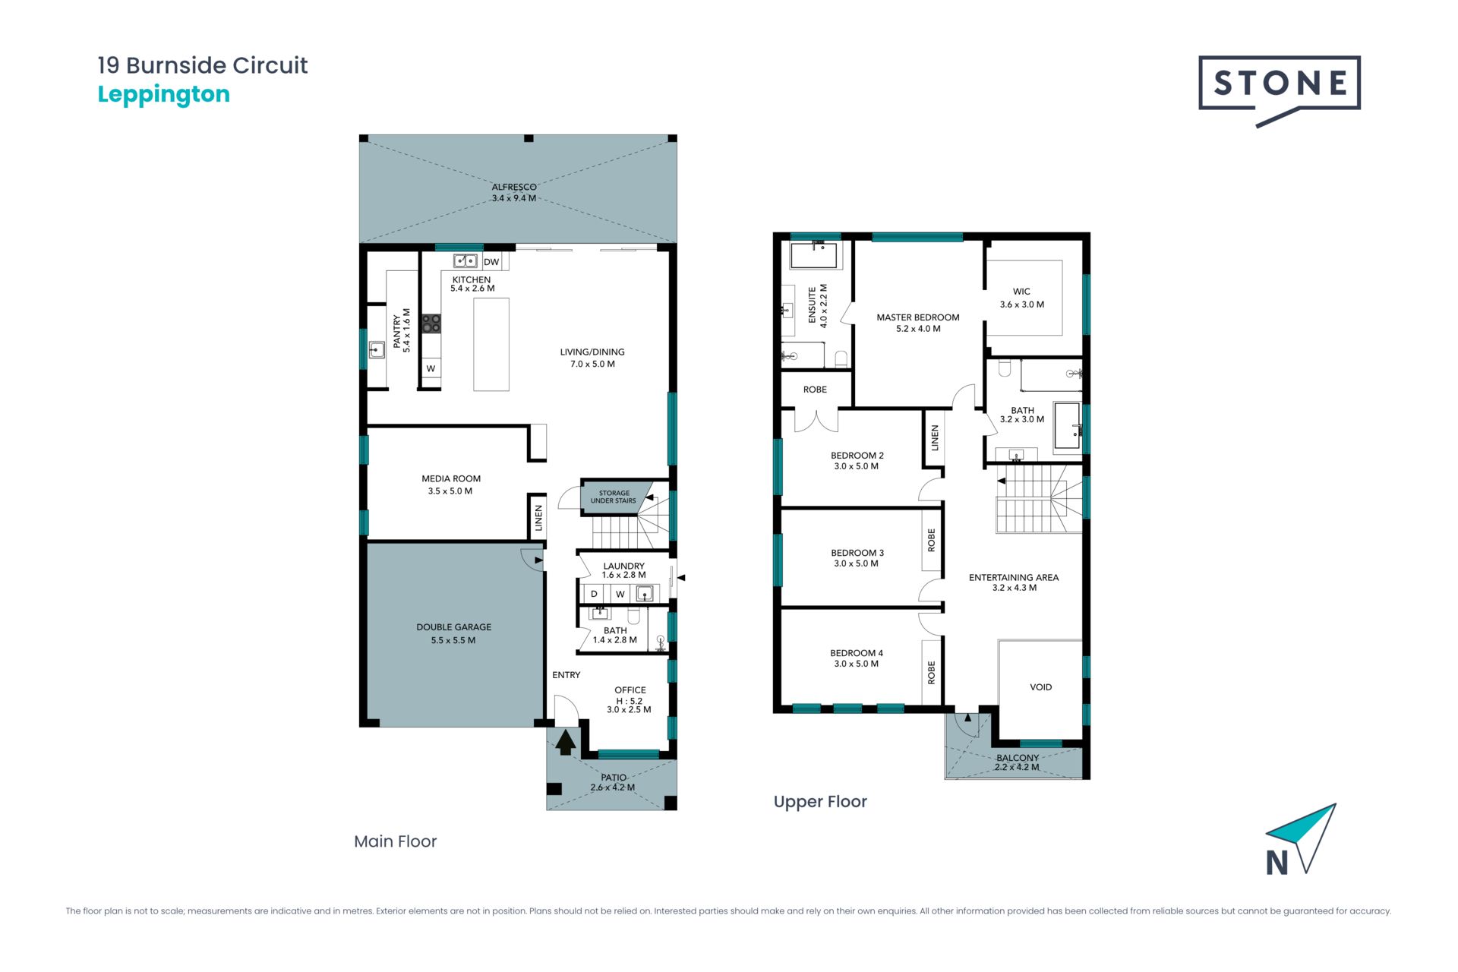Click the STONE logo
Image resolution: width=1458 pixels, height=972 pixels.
click(1280, 90)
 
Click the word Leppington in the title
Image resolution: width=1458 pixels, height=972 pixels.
click(164, 95)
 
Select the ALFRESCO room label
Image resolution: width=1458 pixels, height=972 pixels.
click(514, 187)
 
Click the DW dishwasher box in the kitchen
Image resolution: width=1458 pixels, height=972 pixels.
click(491, 262)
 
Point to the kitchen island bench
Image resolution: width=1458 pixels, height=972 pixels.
click(491, 344)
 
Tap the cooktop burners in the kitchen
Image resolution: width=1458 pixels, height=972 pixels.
click(431, 323)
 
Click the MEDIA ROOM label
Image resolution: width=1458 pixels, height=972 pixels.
click(451, 478)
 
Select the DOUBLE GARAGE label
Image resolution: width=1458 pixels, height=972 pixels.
click(454, 627)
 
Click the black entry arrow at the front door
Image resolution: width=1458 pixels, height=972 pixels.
click(565, 742)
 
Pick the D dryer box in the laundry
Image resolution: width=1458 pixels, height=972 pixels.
click(594, 594)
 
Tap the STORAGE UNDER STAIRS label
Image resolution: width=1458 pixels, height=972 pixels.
click(614, 497)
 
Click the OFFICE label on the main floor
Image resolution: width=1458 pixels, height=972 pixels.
click(630, 690)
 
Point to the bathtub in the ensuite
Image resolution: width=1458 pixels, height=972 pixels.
click(814, 256)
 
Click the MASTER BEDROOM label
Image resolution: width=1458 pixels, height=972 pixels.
click(918, 317)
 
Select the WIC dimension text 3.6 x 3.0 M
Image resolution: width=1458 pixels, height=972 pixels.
click(1022, 305)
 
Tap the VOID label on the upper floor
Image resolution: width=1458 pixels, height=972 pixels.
click(1041, 687)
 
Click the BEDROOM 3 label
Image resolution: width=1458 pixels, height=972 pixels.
click(857, 553)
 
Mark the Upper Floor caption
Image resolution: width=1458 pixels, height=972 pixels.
click(820, 802)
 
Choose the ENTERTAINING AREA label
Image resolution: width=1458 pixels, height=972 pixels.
click(1014, 577)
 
